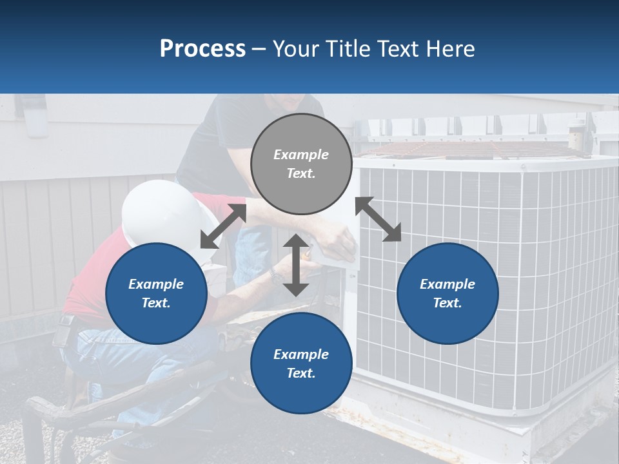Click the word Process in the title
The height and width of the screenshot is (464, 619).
tap(202, 49)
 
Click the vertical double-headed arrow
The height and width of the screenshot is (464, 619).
tap(296, 265)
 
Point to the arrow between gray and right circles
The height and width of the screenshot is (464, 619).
tap(378, 219)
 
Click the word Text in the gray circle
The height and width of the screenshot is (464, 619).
tap(301, 173)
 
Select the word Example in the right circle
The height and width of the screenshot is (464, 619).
tap(447, 284)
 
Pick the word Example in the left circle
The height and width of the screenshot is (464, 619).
tap(156, 284)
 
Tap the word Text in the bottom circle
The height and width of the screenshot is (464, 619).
tap(301, 373)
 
